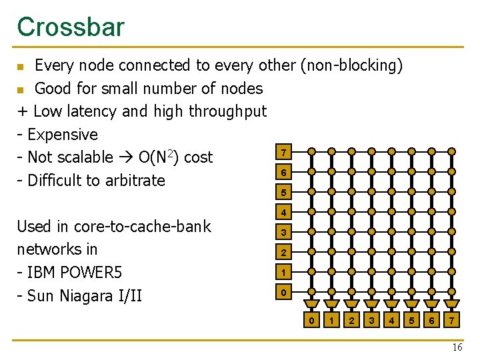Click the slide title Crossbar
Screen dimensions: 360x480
[71, 27]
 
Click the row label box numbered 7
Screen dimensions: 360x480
[283, 153]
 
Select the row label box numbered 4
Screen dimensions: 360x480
[283, 213]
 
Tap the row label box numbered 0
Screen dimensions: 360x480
[283, 293]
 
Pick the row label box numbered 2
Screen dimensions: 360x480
[283, 253]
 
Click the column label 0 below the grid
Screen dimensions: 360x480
[311, 321]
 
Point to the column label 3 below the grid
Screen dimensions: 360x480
[371, 321]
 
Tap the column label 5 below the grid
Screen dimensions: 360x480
[411, 321]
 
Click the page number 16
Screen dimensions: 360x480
[457, 348]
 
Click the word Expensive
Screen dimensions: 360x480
[63, 135]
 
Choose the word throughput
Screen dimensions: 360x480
[228, 111]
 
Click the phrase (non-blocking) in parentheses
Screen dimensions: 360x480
[351, 65]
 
